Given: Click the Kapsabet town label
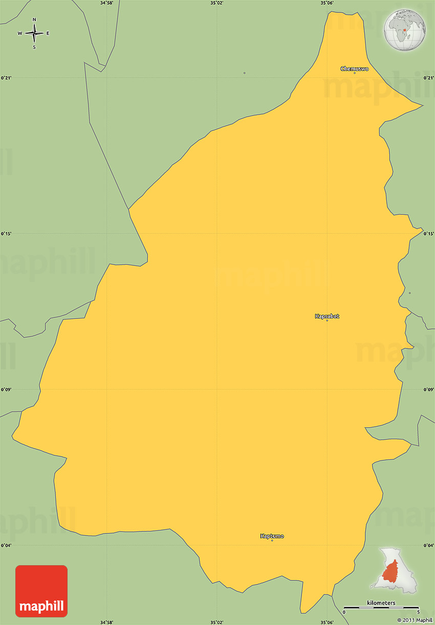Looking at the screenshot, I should point(327,316).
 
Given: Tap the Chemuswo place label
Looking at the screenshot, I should point(354,68).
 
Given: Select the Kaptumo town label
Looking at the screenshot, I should point(272,536).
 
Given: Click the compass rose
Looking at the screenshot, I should point(34,34).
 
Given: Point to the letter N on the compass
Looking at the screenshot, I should point(34,20).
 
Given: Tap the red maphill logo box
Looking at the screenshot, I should point(41,591).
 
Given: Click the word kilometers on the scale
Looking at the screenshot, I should point(381,603).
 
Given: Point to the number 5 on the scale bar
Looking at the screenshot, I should point(418,612).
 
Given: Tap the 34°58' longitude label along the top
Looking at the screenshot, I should point(106,3).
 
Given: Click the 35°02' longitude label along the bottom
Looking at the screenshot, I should point(217,622).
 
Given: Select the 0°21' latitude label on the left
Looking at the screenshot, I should point(6,78).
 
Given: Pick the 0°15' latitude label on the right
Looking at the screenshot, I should point(429,234).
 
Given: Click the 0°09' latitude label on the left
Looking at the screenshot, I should point(6,389).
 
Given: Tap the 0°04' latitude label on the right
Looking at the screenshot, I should point(429,545).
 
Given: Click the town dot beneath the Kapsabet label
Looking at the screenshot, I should point(327,320).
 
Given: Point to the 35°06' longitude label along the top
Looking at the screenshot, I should point(327,3).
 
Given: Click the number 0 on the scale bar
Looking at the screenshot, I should point(344,612).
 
